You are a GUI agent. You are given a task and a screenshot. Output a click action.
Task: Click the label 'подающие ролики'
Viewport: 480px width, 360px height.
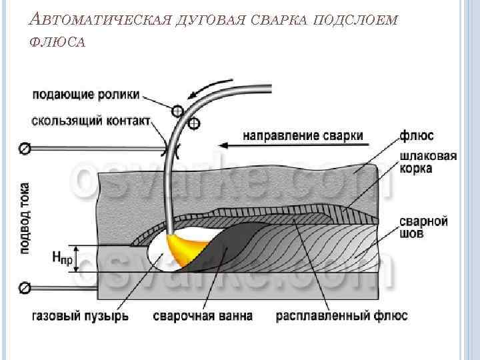[85, 95]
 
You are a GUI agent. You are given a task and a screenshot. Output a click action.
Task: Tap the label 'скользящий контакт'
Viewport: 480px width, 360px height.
[91, 122]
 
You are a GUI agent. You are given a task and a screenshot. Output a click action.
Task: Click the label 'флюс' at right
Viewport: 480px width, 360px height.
[417, 135]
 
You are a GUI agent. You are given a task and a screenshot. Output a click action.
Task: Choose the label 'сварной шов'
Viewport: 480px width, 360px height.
[423, 227]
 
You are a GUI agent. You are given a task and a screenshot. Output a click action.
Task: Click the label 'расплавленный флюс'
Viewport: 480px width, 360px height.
[343, 315]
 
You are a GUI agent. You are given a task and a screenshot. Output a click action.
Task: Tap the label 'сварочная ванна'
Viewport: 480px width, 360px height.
[203, 315]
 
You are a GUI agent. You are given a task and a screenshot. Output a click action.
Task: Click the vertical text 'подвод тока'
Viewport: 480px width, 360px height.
[25, 217]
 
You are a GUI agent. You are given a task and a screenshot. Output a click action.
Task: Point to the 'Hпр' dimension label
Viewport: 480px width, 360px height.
[62, 257]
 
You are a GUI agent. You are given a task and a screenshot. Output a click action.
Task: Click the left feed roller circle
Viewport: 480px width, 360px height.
[177, 111]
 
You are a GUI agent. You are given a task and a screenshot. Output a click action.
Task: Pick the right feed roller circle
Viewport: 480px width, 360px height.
[193, 124]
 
